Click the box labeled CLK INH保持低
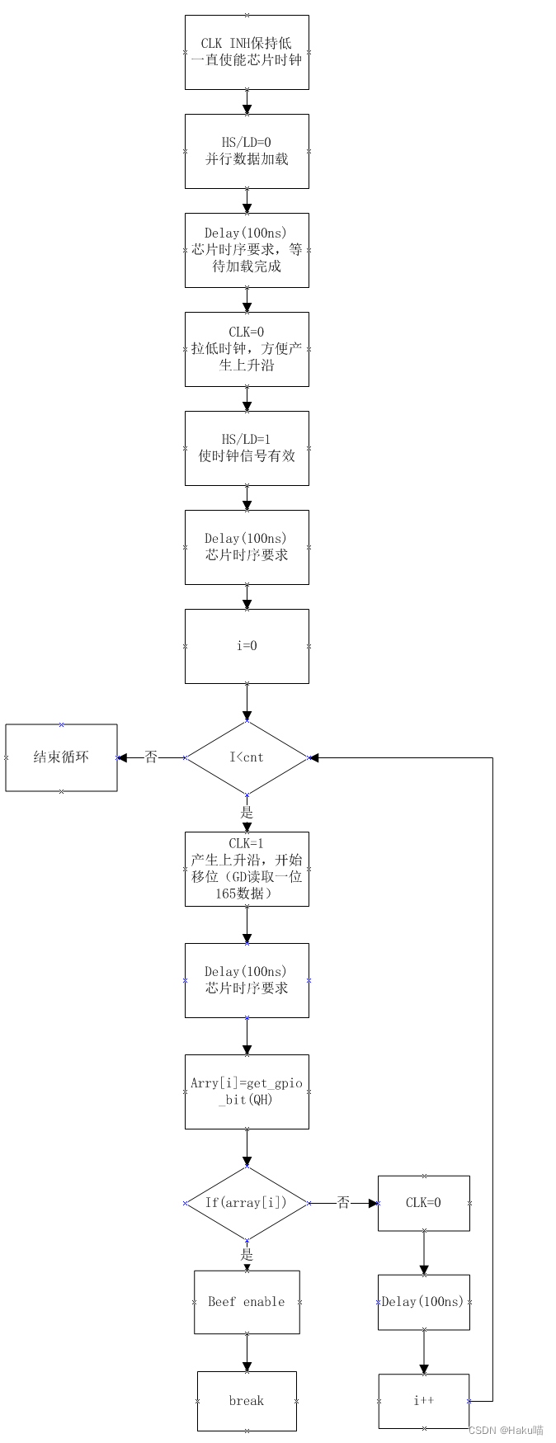[247, 52]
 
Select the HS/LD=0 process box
[247, 151]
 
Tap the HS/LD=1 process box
[247, 448]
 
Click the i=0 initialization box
[247, 646]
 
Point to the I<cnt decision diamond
[247, 757]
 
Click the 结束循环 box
[62, 757]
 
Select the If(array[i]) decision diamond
[247, 1203]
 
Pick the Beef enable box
[247, 1302]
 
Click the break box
[247, 1401]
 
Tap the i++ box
[424, 1401]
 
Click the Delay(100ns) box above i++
[424, 1302]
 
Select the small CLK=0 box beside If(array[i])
[424, 1203]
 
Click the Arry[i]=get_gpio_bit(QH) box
[247, 1092]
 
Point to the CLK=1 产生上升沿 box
[247, 869]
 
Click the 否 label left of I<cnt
[151, 757]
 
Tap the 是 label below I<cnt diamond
[247, 813]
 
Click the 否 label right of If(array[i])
[343, 1203]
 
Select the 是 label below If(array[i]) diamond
[247, 1255]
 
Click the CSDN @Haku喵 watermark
[506, 1431]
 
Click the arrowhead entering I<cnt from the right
[313, 757]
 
